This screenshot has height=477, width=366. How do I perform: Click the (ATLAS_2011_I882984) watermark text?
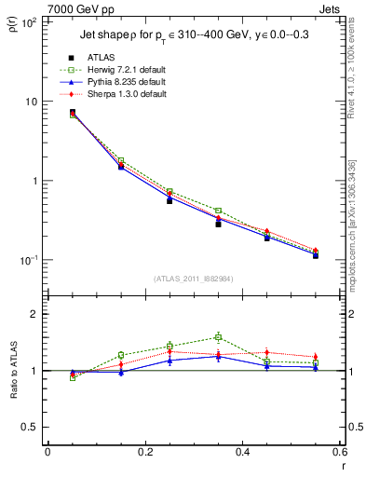pyautogui.click(x=193, y=279)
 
